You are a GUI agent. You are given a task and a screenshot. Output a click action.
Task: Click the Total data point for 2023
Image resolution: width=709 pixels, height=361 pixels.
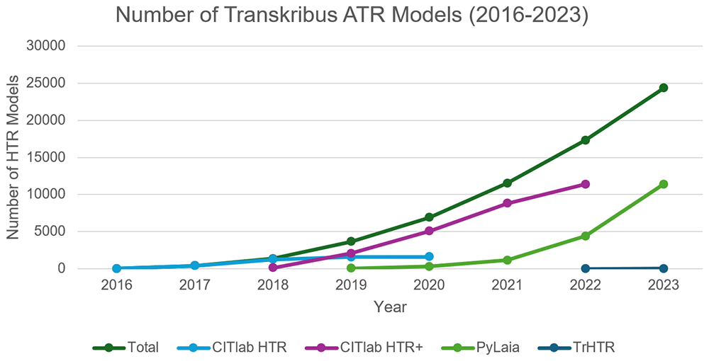(x=664, y=88)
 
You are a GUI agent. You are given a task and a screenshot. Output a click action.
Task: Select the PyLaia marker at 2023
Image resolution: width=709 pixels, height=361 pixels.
(x=664, y=184)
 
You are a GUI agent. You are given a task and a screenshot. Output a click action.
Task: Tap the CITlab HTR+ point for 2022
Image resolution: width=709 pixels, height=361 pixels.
(x=585, y=184)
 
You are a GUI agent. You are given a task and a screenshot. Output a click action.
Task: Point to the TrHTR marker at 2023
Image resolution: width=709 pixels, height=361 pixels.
(x=664, y=268)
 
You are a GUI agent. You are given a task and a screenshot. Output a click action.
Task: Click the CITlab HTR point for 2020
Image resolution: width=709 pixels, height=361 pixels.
(x=429, y=257)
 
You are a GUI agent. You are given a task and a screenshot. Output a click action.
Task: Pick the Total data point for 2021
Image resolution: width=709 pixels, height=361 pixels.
(x=507, y=183)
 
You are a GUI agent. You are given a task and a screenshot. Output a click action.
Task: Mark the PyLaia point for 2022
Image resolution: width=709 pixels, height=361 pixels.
(x=585, y=236)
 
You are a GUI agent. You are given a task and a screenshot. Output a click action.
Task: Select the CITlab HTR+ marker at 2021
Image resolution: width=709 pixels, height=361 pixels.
(x=507, y=203)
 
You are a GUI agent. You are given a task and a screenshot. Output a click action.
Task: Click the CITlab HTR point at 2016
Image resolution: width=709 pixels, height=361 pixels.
(x=117, y=268)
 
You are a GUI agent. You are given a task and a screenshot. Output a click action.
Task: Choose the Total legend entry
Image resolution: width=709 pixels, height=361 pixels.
(x=125, y=348)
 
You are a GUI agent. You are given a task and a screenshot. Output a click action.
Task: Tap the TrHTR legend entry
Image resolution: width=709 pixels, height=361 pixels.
(x=576, y=348)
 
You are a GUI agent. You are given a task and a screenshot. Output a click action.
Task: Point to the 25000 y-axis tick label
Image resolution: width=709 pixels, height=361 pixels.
(x=46, y=84)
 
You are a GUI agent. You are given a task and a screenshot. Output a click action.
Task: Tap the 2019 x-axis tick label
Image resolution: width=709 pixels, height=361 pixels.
(x=351, y=286)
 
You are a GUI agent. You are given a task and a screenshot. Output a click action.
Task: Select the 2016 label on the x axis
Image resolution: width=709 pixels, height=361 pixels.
(x=116, y=286)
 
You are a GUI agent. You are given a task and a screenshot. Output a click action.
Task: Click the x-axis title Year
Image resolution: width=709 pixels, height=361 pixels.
(x=390, y=307)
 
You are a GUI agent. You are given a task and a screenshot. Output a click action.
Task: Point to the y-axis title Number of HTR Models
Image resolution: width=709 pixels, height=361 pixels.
(x=13, y=157)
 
